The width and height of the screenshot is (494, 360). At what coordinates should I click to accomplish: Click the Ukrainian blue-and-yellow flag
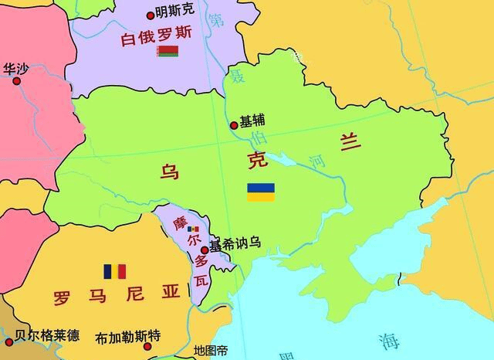click(x=260, y=192)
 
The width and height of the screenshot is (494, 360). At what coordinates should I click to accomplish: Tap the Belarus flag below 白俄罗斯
click(x=167, y=52)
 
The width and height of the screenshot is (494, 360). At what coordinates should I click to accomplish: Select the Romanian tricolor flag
click(x=114, y=271)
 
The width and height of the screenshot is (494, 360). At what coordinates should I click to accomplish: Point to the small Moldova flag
click(x=193, y=229)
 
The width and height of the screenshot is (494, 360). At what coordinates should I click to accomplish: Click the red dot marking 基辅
click(x=234, y=125)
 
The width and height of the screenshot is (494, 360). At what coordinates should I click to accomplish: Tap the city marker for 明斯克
click(x=151, y=15)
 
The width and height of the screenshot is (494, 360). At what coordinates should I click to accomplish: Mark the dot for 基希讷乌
click(x=205, y=250)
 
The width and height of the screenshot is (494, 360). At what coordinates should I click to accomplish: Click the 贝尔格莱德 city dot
click(x=8, y=341)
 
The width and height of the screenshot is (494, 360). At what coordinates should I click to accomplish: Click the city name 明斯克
click(x=174, y=12)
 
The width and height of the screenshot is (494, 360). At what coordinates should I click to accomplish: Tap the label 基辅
click(x=252, y=121)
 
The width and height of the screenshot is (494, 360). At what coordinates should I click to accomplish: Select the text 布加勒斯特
click(x=128, y=338)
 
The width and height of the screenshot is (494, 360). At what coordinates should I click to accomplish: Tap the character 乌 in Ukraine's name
click(x=169, y=171)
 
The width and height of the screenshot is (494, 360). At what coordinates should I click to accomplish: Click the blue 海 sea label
click(x=388, y=341)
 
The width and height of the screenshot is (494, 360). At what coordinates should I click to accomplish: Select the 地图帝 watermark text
click(x=211, y=350)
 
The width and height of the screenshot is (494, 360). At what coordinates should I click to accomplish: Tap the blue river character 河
click(x=317, y=161)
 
